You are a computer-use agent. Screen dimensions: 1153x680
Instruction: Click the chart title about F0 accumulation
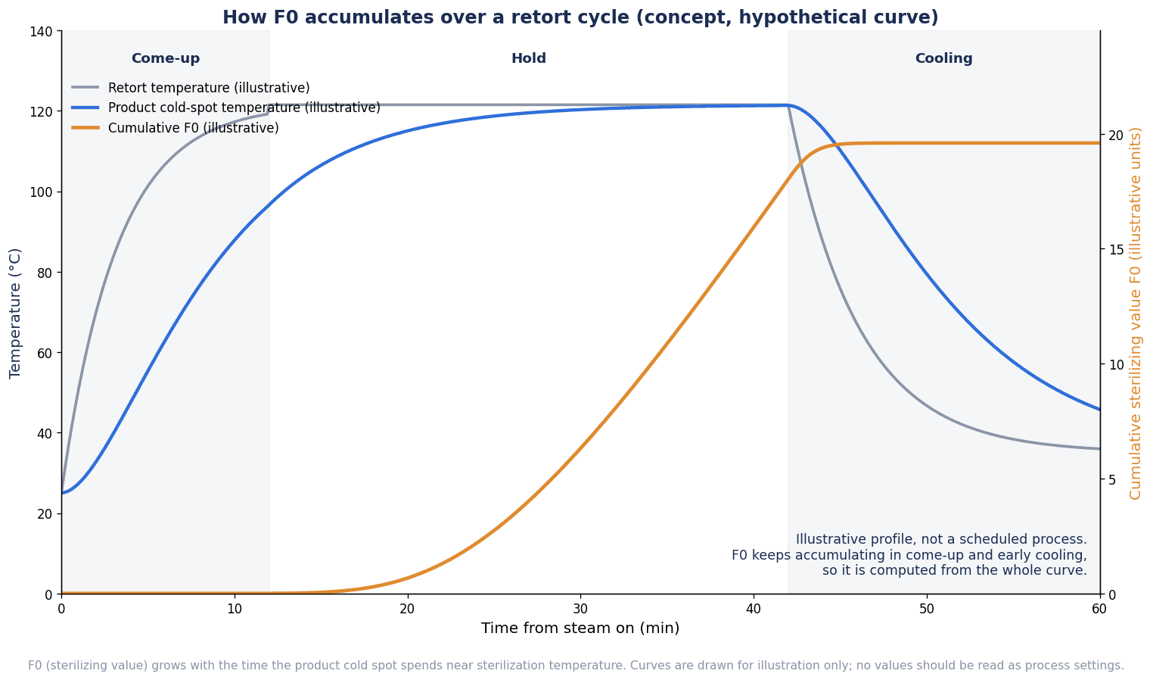coord(580,17)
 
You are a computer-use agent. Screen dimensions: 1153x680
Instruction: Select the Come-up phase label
coord(165,59)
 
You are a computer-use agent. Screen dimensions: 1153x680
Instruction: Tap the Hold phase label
coord(528,58)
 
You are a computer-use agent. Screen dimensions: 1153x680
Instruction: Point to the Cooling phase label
coord(943,59)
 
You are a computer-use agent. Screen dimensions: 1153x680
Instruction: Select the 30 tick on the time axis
coord(580,609)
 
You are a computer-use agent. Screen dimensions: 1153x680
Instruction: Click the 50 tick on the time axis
coord(927,609)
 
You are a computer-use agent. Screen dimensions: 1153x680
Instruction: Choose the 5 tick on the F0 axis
coord(1112,479)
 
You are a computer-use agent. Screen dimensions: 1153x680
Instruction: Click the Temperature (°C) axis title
coord(15,313)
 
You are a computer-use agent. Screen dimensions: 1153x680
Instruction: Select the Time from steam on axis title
coord(580,628)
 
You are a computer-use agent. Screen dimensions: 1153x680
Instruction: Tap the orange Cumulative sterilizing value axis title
coord(1136,313)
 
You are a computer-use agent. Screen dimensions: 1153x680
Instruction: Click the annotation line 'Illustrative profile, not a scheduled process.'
coord(941,539)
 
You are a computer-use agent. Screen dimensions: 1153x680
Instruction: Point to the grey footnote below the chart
coord(576,665)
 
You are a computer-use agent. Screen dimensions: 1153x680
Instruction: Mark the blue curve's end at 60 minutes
coord(1099,410)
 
